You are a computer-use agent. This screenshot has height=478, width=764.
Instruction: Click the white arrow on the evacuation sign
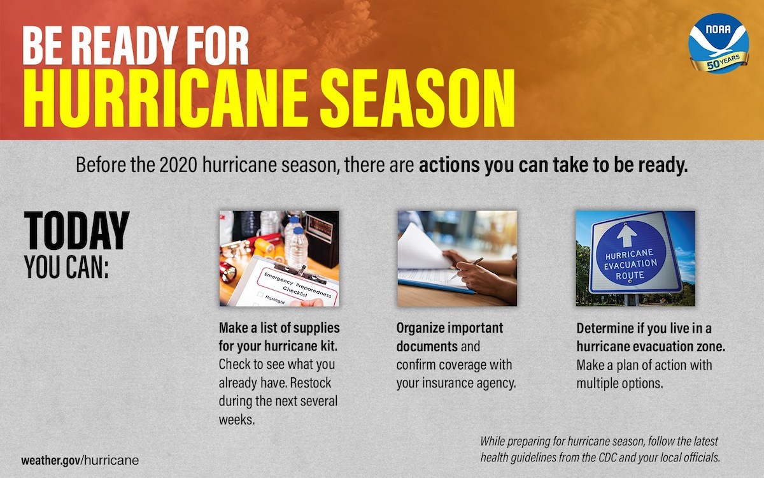tap(627, 236)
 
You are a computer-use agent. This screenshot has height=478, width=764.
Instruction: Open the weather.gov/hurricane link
tap(80, 460)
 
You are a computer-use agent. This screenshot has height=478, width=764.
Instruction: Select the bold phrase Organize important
tap(449, 328)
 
